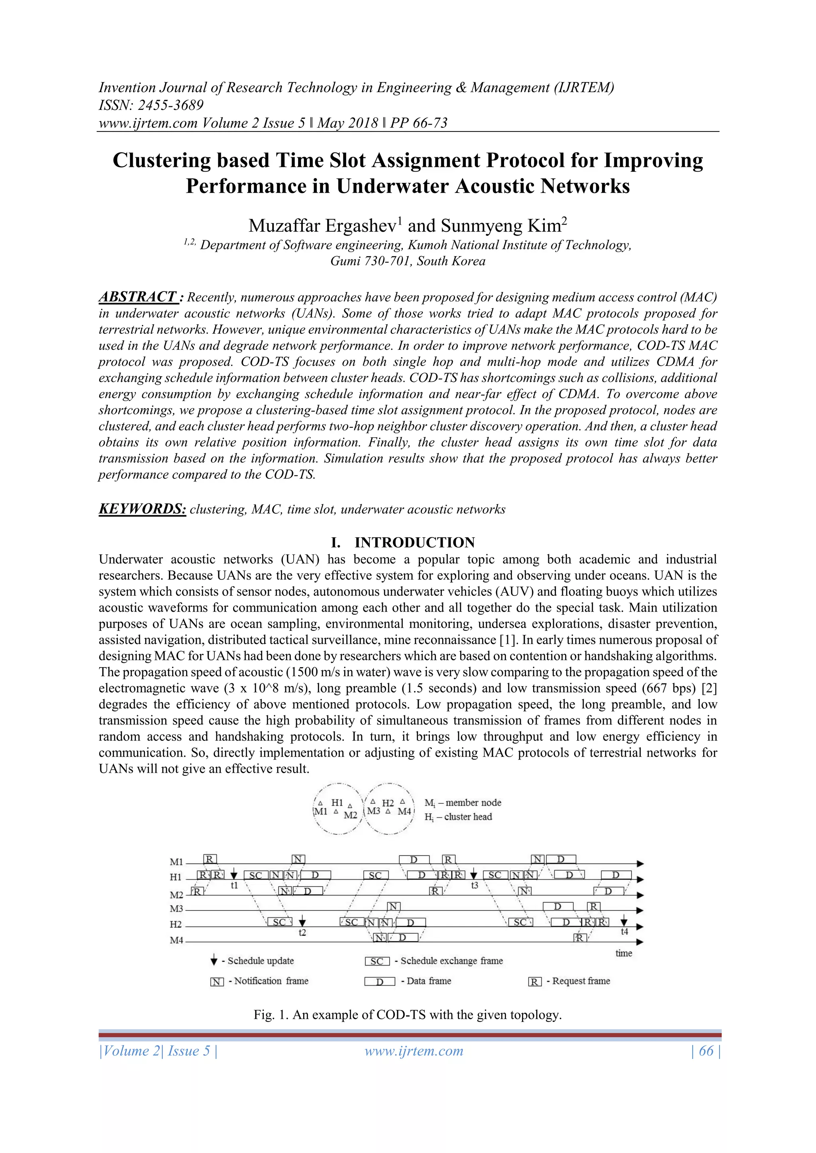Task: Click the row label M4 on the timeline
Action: [x=177, y=940]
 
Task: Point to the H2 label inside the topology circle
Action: [x=388, y=803]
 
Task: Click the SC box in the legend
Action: [x=377, y=961]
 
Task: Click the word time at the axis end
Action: [x=624, y=953]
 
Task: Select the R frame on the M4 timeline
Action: [x=580, y=938]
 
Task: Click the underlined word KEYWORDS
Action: [x=142, y=509]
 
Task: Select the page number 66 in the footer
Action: [x=706, y=1051]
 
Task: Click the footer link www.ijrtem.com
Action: [x=414, y=1051]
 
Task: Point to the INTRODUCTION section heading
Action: [x=414, y=542]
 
